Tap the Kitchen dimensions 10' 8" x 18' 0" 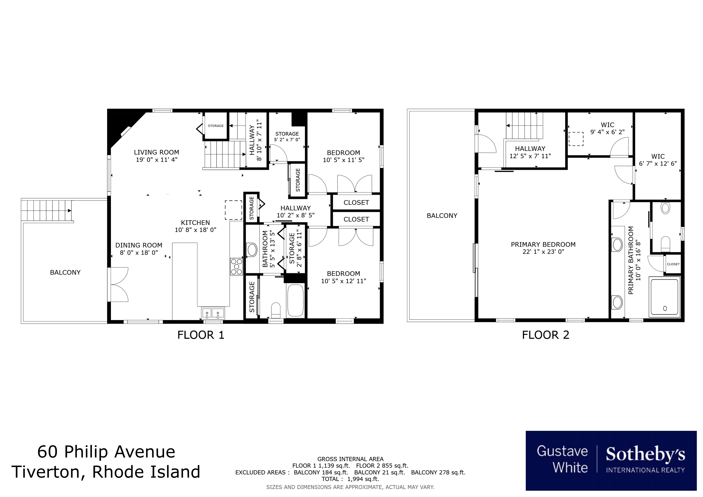(x=195, y=230)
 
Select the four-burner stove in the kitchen (x=236, y=267)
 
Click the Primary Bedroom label (x=543, y=245)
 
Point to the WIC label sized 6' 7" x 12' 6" (x=658, y=156)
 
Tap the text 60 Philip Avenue (x=106, y=452)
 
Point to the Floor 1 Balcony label (x=65, y=272)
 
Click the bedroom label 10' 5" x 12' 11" (x=343, y=281)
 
